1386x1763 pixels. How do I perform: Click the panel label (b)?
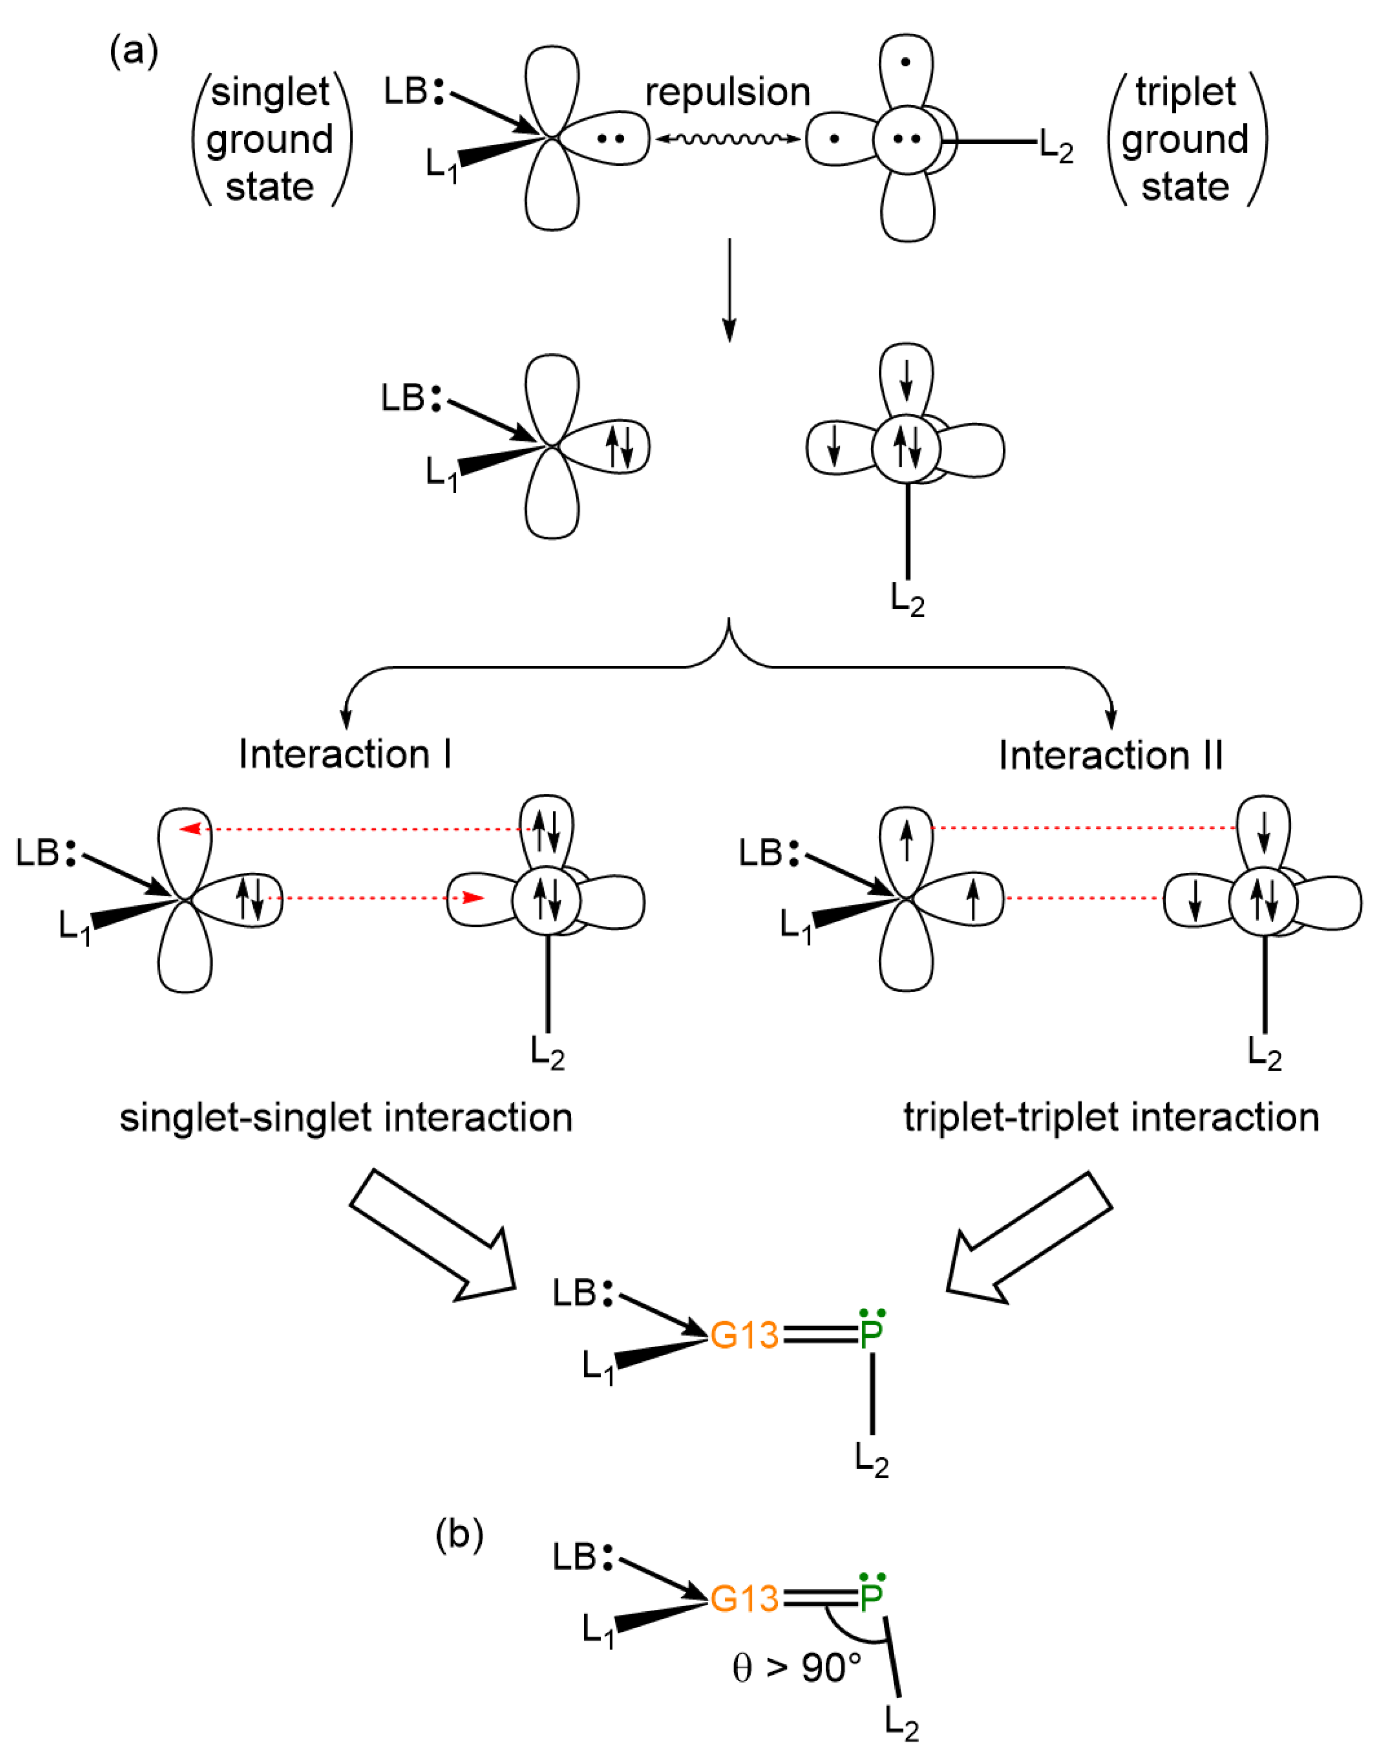pos(459,1534)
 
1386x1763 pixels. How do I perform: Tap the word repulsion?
pos(728,92)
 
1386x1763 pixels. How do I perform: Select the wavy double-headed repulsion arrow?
pos(728,140)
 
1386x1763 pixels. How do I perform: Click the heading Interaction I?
pos(345,755)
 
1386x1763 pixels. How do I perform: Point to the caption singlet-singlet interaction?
pos(347,1118)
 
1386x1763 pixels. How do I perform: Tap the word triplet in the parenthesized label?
pos(1185,91)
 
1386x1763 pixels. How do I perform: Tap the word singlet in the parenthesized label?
pos(270,91)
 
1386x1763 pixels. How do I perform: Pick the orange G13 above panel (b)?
pos(744,1335)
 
